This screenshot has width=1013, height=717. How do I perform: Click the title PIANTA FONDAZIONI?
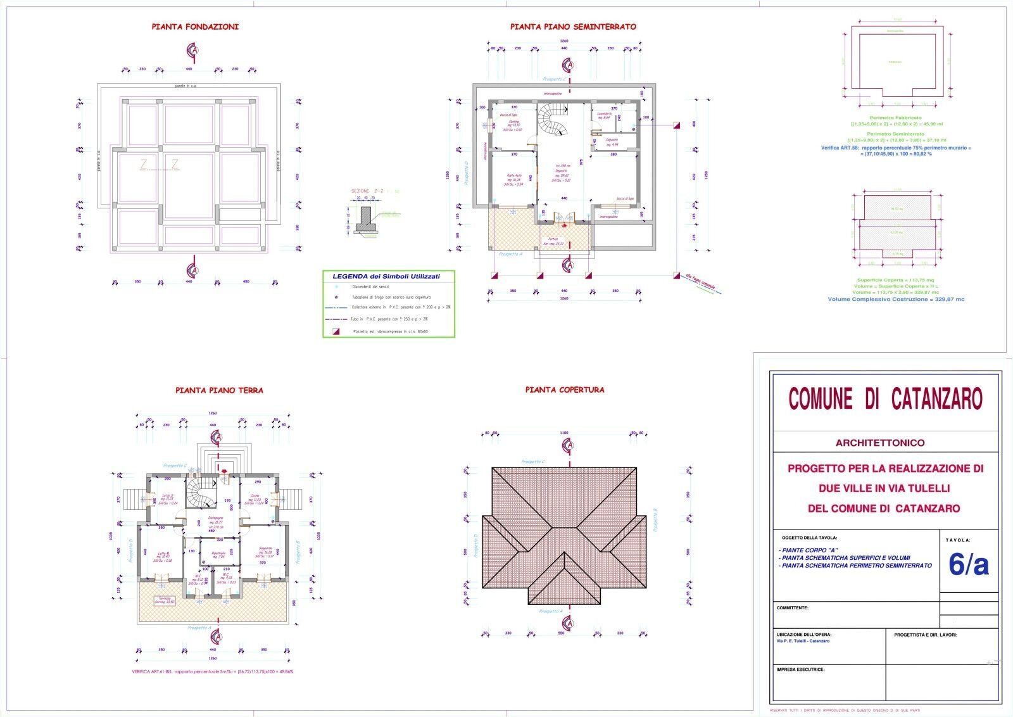point(195,27)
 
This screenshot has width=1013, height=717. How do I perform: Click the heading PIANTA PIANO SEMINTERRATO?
point(573,27)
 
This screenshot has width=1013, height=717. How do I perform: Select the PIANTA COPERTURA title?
point(565,390)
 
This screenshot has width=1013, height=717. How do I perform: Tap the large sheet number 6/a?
point(968,566)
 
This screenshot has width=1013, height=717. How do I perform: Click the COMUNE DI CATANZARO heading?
point(885,399)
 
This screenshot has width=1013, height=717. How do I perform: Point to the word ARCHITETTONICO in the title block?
point(879,443)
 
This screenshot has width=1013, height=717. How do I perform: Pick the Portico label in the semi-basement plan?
point(553,241)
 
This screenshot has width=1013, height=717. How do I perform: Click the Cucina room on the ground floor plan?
point(255,498)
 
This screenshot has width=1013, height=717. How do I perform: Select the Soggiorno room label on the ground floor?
point(265,550)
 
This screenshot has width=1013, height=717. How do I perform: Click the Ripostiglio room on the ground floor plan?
point(218,554)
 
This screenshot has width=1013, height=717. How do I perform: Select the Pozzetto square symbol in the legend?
point(337,331)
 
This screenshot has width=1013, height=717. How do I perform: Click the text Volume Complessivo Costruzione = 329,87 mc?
point(896,299)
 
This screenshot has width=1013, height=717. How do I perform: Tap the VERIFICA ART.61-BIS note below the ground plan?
point(213,671)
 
